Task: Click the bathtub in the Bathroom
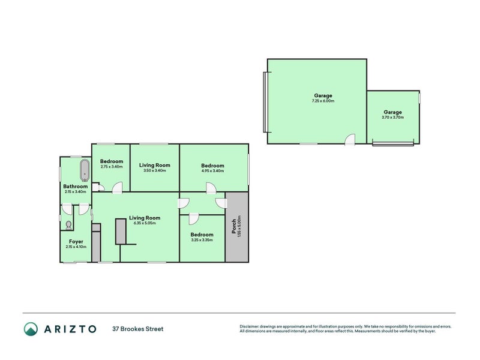[85, 170]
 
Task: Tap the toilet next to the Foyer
[68, 226]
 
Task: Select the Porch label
[234, 226]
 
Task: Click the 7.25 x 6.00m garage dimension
[323, 101]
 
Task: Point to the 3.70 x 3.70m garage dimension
[393, 117]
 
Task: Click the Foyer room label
[76, 242]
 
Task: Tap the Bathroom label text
[76, 187]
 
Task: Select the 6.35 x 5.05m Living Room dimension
[145, 223]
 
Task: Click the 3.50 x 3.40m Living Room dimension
[155, 170]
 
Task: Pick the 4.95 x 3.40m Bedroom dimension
[213, 171]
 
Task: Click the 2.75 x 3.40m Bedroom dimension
[112, 167]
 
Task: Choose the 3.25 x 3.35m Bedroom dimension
[202, 240]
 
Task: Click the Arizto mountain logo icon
[31, 329]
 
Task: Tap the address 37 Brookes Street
[138, 329]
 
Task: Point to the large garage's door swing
[350, 139]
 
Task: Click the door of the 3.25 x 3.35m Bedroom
[194, 219]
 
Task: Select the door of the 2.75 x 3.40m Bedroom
[117, 188]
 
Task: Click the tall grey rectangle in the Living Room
[121, 232]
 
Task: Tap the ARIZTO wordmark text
[70, 329]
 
